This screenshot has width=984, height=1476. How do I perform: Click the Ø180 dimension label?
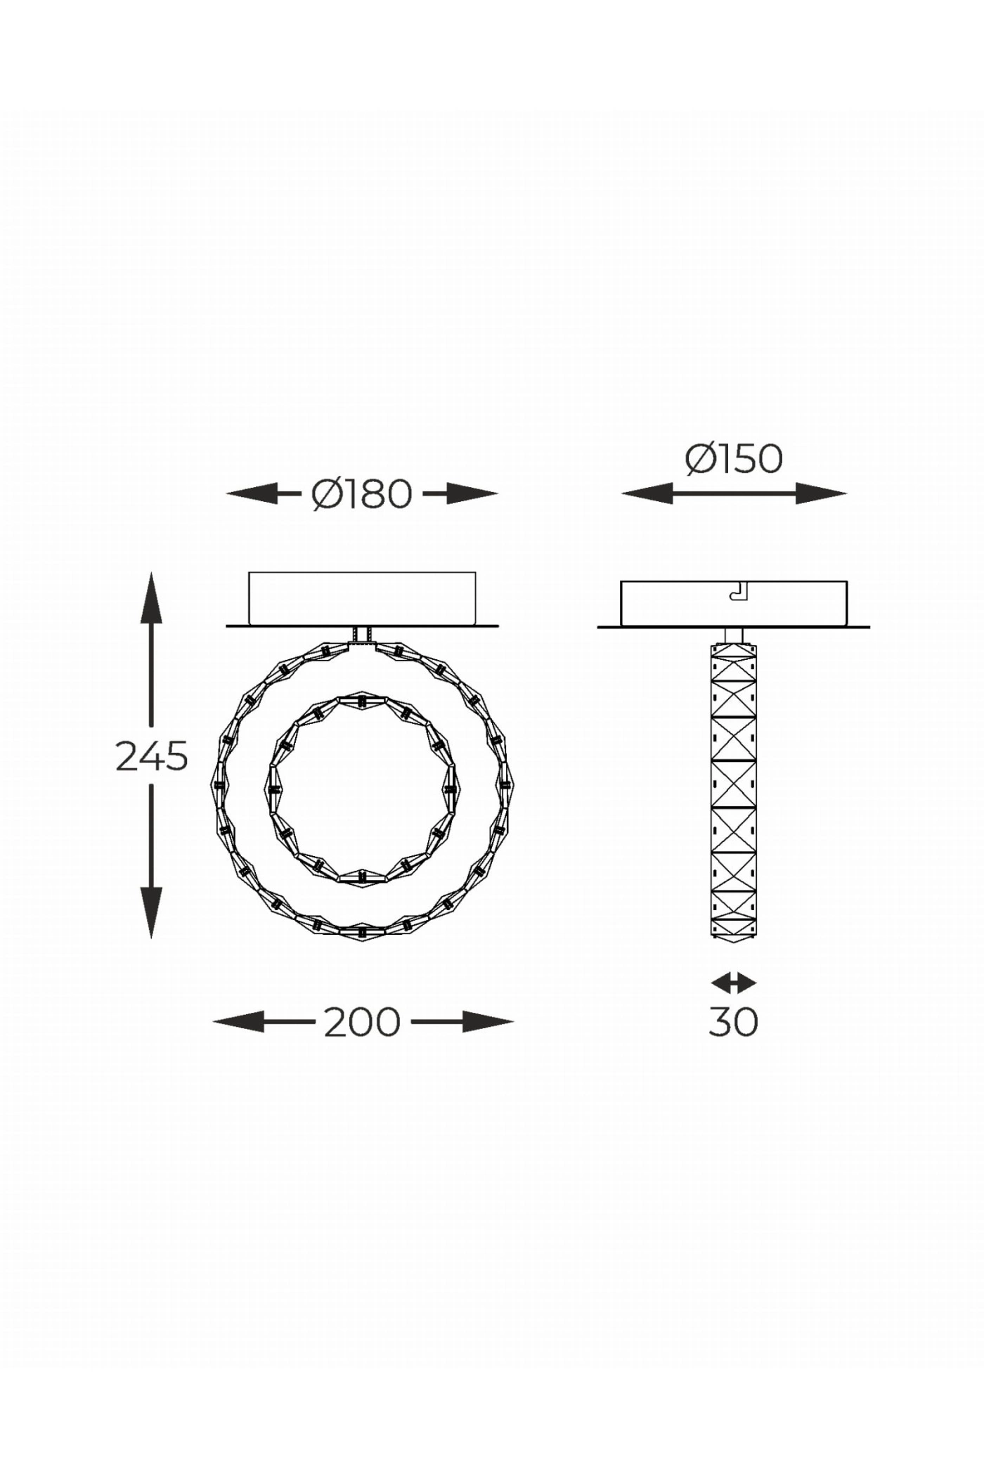pyautogui.click(x=361, y=494)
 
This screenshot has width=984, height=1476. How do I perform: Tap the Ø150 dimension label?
pyautogui.click(x=734, y=459)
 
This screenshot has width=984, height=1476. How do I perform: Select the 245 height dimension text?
pyautogui.click(x=152, y=756)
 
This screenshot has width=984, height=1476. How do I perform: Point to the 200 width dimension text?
pyautogui.click(x=362, y=1023)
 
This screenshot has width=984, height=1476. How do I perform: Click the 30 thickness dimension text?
pyautogui.click(x=733, y=1023)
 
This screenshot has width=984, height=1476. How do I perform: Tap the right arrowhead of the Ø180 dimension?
pyautogui.click(x=472, y=494)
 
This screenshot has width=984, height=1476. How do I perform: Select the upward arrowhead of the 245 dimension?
pyautogui.click(x=151, y=597)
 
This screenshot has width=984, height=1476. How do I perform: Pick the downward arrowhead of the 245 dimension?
pyautogui.click(x=151, y=912)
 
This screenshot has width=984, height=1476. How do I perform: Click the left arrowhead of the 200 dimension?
pyautogui.click(x=238, y=1023)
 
